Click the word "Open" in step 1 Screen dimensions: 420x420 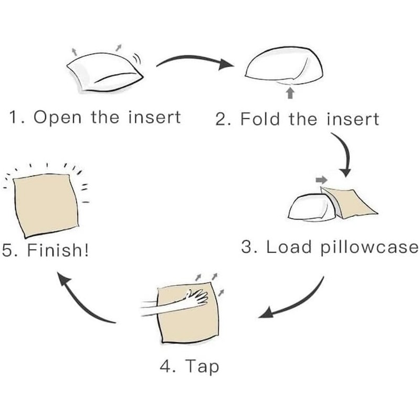tap(57, 117)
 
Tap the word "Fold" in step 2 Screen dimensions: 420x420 tap(260, 119)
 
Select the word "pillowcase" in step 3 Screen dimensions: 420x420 tap(370, 247)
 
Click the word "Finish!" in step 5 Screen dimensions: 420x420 tap(58, 250)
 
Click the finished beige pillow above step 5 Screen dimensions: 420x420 tap(46, 205)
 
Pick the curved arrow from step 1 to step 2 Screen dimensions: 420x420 tap(194, 59)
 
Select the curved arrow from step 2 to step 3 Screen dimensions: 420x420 tap(344, 153)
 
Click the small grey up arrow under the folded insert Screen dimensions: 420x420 tap(290, 93)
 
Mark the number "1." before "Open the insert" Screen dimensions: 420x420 tap(17, 117)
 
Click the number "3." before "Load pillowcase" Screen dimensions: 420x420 tap(249, 247)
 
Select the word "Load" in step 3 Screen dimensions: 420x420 tap(289, 247)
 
